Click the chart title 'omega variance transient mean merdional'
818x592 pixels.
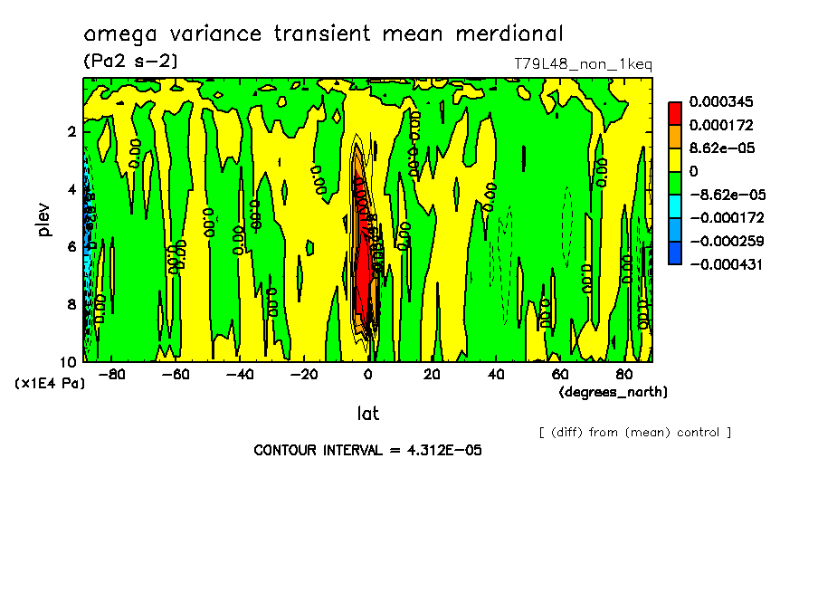pyautogui.click(x=323, y=34)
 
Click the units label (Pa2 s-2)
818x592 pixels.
pyautogui.click(x=130, y=62)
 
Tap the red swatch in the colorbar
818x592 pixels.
pyautogui.click(x=675, y=112)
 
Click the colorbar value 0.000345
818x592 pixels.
pyautogui.click(x=721, y=101)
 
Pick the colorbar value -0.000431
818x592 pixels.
pyautogui.click(x=725, y=264)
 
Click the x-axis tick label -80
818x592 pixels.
pyautogui.click(x=110, y=374)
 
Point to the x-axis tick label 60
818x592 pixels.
pyautogui.click(x=560, y=374)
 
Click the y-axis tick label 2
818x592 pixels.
pyautogui.click(x=70, y=131)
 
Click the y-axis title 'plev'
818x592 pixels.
pyautogui.click(x=44, y=219)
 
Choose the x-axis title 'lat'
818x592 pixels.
pyautogui.click(x=367, y=414)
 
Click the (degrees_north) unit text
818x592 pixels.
pyautogui.click(x=613, y=391)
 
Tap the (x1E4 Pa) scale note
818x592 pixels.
pyautogui.click(x=50, y=384)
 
